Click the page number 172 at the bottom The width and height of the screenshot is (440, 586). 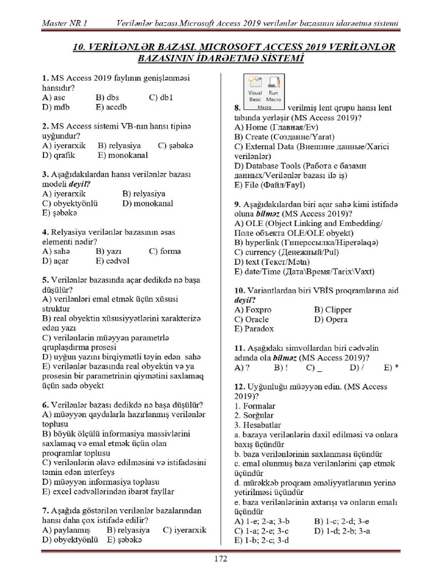click(x=221, y=559)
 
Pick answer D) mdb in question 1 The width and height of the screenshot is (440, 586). click(x=56, y=107)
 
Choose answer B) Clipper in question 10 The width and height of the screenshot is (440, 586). click(x=333, y=310)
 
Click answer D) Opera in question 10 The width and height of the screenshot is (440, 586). click(x=331, y=319)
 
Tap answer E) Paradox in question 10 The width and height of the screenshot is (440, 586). click(x=254, y=329)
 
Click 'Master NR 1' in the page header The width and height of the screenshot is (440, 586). click(x=65, y=23)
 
